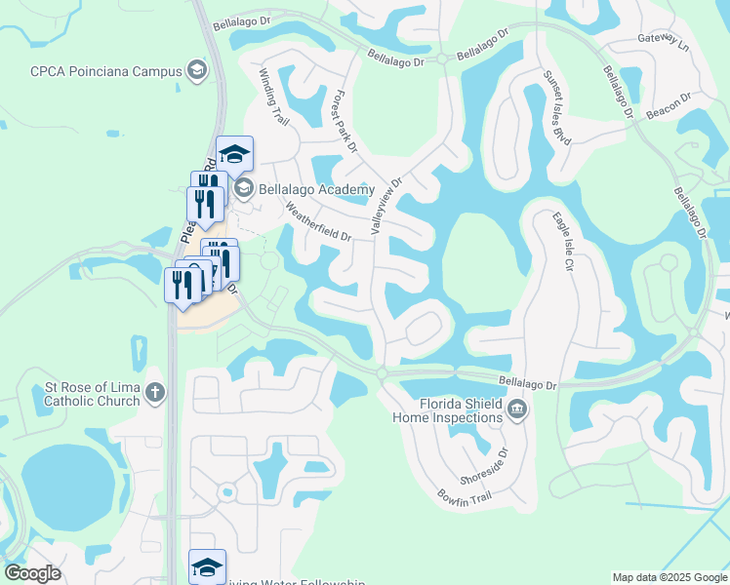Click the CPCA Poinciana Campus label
(x=105, y=71)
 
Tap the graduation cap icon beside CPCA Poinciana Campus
(x=197, y=70)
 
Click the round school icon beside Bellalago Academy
(x=243, y=188)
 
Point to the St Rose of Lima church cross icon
(x=153, y=394)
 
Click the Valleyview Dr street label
(x=385, y=206)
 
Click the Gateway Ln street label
(x=663, y=41)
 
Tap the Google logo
(x=31, y=573)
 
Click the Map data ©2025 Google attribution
(x=669, y=577)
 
